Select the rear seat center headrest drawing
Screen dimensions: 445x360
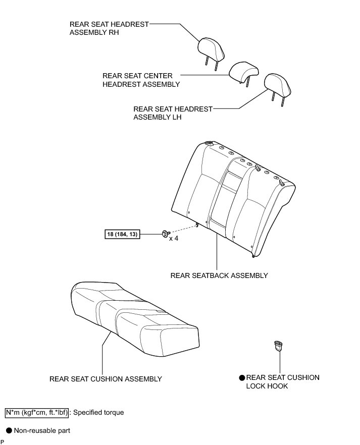pyautogui.click(x=244, y=72)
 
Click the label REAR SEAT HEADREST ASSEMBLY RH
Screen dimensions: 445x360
pyautogui.click(x=109, y=28)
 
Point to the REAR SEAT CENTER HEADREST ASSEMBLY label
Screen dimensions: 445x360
pyautogui.click(x=141, y=80)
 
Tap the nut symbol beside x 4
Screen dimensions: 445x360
pyautogui.click(x=165, y=234)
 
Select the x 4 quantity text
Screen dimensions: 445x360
pyautogui.click(x=174, y=237)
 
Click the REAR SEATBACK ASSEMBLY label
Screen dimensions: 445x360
pyautogui.click(x=219, y=275)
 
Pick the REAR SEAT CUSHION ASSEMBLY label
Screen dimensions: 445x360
pyautogui.click(x=106, y=379)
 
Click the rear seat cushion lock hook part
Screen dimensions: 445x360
pyautogui.click(x=278, y=346)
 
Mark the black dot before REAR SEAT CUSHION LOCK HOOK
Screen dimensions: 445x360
pyautogui.click(x=242, y=377)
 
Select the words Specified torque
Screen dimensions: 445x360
pyautogui.click(x=98, y=412)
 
